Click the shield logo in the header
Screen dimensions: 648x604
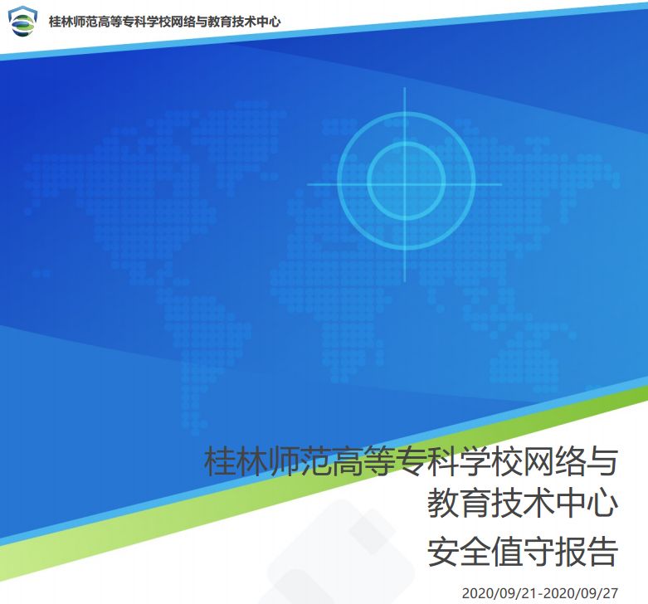pos(22,21)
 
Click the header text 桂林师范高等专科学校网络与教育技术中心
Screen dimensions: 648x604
pos(165,22)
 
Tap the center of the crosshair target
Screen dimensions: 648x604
pos(405,184)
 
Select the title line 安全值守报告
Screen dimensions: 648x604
pos(523,552)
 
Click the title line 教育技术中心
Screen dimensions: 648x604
pos(523,504)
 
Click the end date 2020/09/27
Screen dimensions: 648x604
pos(581,593)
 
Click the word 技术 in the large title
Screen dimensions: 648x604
pos(523,504)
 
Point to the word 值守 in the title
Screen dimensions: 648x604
pos(523,552)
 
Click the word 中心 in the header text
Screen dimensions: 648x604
pos(269,22)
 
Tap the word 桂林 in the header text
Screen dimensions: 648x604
pos(61,22)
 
